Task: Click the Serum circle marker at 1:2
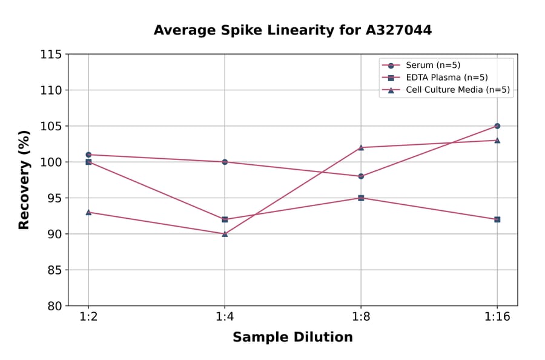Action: coord(88,155)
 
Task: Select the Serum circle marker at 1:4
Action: coord(225,162)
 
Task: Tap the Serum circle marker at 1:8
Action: coord(361,176)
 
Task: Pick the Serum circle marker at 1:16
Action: coord(497,126)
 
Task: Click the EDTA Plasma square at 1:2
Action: coord(88,162)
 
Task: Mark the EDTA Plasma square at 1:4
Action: coord(225,219)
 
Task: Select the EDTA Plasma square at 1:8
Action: coord(361,198)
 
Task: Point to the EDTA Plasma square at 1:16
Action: coord(497,219)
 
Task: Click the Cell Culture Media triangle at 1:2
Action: coord(88,212)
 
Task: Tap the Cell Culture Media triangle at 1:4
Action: coord(225,233)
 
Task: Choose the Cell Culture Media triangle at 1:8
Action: coord(361,147)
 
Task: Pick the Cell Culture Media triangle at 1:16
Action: coord(497,140)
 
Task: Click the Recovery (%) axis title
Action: coord(24,180)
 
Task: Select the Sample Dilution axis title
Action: coord(292,338)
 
